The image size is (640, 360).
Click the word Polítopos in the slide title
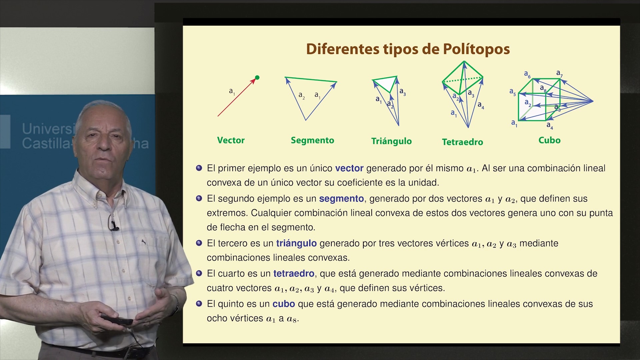point(476,49)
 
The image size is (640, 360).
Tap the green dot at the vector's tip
point(257,78)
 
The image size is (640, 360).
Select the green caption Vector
point(231,140)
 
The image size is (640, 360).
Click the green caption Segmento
point(312,141)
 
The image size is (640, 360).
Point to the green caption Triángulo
point(391,141)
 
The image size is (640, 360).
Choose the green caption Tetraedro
point(462,142)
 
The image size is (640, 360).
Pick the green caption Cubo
point(549,140)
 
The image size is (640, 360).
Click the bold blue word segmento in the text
point(341,199)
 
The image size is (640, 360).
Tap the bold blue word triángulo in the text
point(296,244)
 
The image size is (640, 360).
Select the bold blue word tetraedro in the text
point(294,274)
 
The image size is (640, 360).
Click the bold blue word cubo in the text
point(284,304)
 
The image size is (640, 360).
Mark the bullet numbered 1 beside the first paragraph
point(199,168)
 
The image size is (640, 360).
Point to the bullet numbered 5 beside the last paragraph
point(199,304)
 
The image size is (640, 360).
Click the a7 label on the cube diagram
point(559,73)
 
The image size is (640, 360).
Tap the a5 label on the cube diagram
point(513,92)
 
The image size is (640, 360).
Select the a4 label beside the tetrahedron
point(481,105)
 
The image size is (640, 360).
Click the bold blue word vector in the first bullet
point(349,168)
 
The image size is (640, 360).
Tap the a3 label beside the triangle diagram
point(403,92)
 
